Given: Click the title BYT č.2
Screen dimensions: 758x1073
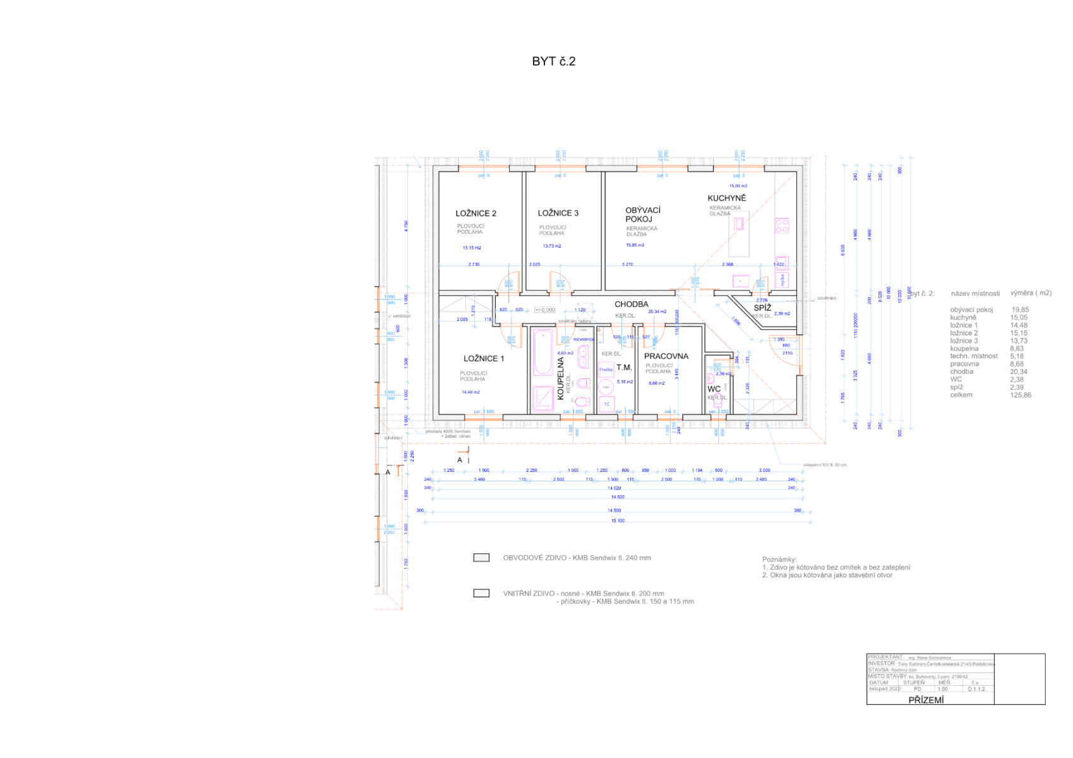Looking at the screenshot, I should tap(553, 61).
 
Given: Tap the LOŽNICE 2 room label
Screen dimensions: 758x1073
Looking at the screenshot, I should tap(476, 214).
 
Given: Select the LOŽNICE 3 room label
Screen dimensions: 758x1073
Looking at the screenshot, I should tap(558, 214).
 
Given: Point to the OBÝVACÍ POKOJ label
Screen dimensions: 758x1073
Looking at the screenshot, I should tap(642, 215).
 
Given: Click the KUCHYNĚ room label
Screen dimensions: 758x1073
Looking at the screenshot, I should tap(726, 198).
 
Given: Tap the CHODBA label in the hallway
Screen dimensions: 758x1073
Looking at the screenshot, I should tap(631, 304).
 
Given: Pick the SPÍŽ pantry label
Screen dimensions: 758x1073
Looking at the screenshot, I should tap(762, 308).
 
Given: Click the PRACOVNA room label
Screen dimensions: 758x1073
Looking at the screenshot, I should tap(666, 356).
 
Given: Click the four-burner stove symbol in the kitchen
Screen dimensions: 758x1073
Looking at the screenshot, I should tap(782, 226).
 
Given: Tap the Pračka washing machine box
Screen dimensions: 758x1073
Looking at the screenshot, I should tap(606, 370).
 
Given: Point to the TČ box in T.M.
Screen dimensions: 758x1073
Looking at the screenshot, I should tap(606, 404).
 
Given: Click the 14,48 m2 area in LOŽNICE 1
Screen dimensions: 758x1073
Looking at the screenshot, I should tap(471, 392).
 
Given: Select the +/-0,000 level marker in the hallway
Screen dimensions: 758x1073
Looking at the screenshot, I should tap(544, 310).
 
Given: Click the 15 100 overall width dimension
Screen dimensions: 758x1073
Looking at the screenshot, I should tap(618, 521).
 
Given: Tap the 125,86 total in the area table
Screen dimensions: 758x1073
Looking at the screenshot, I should tap(1020, 395).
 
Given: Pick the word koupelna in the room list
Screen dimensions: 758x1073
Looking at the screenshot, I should tap(964, 349).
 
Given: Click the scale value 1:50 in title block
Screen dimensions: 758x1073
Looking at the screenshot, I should tap(942, 689).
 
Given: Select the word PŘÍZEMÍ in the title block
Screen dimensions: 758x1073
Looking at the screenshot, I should tap(926, 700).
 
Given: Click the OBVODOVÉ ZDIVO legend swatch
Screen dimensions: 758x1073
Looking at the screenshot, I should tap(481, 558).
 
